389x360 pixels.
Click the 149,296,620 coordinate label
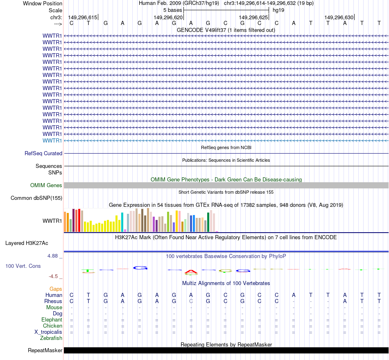click(x=168, y=17)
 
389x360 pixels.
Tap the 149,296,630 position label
click(x=339, y=17)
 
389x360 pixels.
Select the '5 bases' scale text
click(x=172, y=10)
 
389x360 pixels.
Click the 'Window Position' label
click(x=43, y=3)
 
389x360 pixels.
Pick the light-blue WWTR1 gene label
click(x=52, y=140)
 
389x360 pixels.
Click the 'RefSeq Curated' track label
click(x=43, y=153)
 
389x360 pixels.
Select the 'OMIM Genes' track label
click(x=46, y=185)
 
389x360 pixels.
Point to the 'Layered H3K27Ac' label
click(x=27, y=243)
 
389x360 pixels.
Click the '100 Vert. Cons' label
click(x=23, y=266)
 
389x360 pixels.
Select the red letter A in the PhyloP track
click(x=191, y=272)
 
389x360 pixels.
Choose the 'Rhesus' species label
click(x=53, y=301)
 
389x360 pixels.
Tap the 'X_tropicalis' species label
click(x=48, y=332)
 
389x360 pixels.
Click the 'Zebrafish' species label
click(x=51, y=338)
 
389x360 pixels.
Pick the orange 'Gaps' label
click(x=56, y=289)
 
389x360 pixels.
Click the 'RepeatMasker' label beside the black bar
click(x=45, y=350)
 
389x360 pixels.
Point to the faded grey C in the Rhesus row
click(x=191, y=301)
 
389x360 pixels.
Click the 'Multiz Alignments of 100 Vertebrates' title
click(x=226, y=283)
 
